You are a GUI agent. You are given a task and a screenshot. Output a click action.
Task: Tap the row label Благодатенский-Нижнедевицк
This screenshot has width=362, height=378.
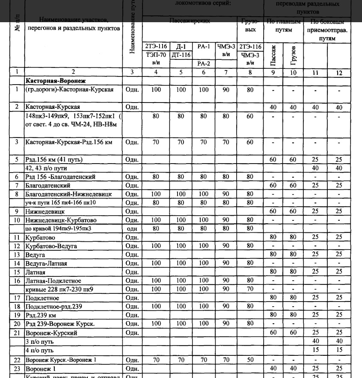click(68, 194)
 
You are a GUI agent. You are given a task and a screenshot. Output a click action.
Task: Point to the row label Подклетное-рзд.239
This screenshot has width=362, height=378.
click(59, 306)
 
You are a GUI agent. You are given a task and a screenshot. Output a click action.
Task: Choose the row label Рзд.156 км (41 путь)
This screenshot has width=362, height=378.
click(54, 160)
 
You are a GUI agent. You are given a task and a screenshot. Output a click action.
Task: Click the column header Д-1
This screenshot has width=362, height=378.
click(181, 46)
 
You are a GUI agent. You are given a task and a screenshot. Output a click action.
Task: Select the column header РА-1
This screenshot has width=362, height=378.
click(204, 46)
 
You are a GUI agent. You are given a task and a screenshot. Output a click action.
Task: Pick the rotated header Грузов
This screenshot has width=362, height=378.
click(294, 54)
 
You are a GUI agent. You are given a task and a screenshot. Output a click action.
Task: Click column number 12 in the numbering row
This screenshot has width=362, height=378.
click(339, 73)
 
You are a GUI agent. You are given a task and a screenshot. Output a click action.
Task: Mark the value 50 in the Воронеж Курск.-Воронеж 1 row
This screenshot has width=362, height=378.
click(250, 360)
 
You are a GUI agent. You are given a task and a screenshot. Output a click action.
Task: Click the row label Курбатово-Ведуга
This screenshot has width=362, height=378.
click(51, 246)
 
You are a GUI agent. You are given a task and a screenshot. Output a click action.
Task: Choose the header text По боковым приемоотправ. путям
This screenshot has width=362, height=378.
click(327, 30)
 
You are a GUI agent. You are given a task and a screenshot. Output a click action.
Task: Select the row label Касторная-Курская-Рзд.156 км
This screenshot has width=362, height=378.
click(68, 142)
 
